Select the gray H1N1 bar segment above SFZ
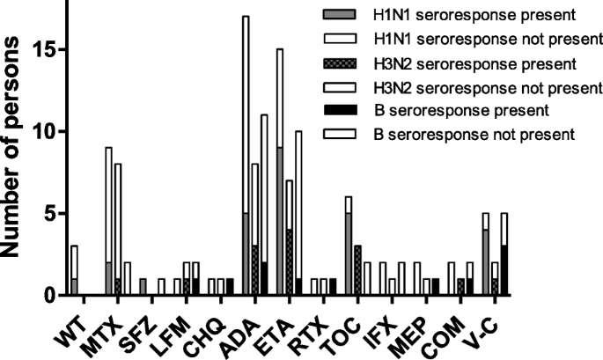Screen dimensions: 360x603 tap(143, 288)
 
